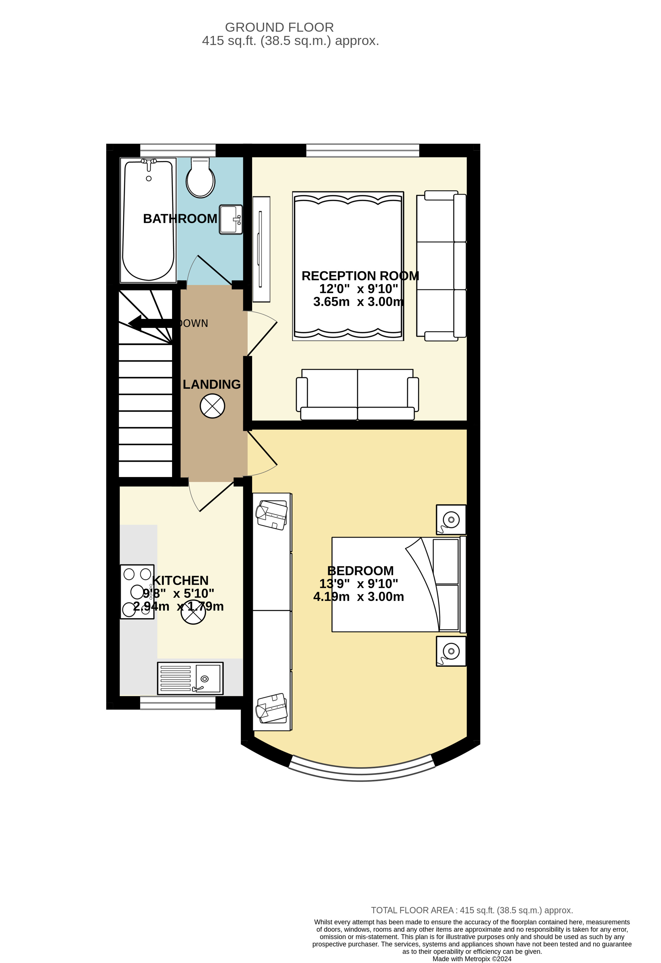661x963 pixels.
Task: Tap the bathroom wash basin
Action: coord(231,219)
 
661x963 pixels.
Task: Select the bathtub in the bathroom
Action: coord(148,220)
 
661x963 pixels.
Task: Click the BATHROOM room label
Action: coord(180,219)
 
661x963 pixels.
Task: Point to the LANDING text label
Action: coord(211,384)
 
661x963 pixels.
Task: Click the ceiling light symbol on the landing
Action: coord(212,406)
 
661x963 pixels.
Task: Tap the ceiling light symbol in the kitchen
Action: coord(193,612)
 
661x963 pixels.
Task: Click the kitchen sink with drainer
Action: coord(190,678)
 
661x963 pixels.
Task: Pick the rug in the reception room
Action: coord(348,266)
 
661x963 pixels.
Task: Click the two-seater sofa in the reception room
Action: coord(357,394)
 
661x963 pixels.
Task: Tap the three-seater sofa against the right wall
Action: coord(441,266)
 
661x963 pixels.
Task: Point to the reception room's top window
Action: coord(363,151)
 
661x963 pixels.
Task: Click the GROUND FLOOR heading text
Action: coord(279,27)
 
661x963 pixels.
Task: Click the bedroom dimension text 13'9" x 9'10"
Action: coord(359,584)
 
